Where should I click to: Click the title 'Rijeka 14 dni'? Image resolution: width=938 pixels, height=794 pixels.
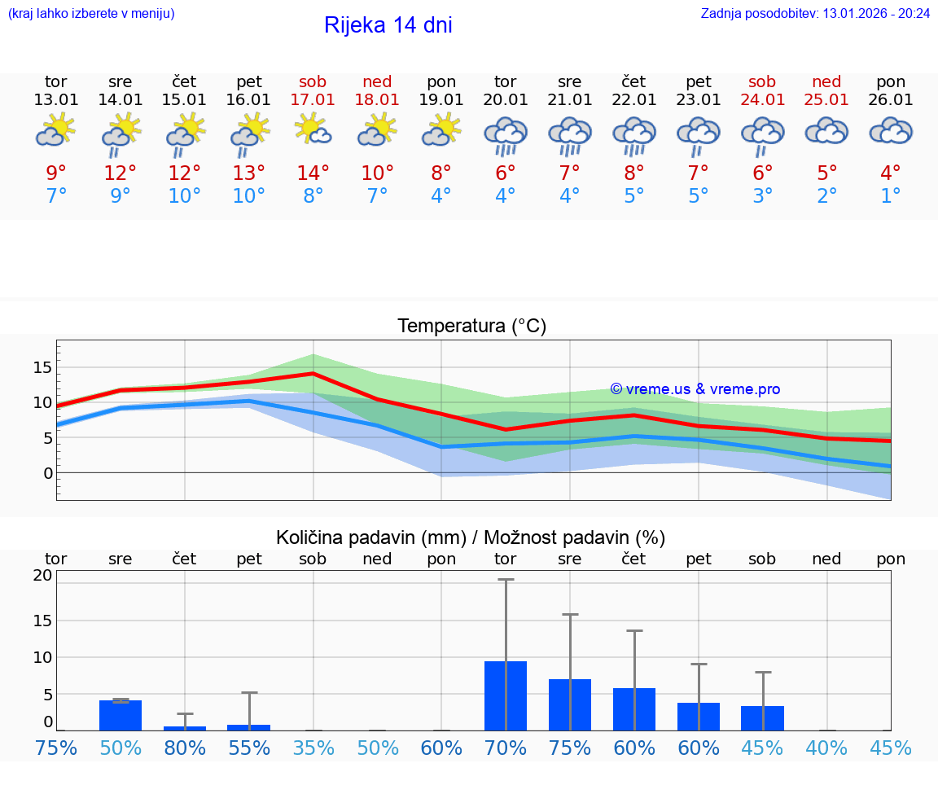coord(388,25)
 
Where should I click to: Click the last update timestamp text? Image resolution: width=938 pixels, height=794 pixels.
coord(815,14)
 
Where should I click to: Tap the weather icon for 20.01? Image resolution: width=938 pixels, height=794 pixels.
coord(506,136)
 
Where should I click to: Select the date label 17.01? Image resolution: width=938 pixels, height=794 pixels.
coord(313,99)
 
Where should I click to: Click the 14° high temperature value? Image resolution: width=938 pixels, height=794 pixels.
coord(313,173)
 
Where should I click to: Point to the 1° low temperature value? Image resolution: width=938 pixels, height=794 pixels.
coord(891,196)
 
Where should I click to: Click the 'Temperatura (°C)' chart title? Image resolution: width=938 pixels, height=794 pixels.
coord(471,327)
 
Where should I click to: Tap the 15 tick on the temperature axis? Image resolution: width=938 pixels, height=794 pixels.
coord(42,367)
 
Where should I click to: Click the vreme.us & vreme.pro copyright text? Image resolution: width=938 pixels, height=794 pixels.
coord(695,389)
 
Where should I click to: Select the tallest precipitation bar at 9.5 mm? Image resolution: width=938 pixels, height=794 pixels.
coord(506,695)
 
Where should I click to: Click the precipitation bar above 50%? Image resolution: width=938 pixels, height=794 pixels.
coord(121,715)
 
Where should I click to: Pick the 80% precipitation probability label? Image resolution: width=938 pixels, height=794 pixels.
coord(185,748)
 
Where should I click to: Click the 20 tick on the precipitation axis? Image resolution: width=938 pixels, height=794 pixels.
coord(42,575)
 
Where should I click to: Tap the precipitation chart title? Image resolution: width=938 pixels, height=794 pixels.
coord(471,537)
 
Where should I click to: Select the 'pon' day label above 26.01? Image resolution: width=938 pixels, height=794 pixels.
coord(891,81)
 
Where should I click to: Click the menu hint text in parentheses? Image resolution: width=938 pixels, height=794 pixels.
coord(91,14)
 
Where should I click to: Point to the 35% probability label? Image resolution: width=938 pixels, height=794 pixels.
coord(313,748)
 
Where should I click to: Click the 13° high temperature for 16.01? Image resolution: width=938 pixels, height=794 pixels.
coord(249,173)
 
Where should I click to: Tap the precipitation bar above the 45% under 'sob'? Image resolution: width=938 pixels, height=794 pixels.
coord(763,717)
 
